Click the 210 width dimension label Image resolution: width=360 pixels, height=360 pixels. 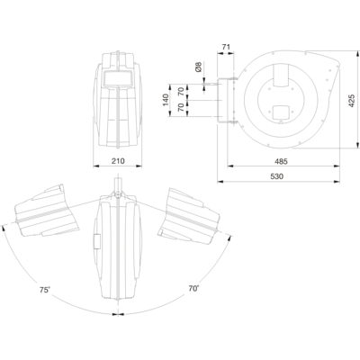(x=118, y=161)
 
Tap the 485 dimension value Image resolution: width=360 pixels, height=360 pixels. (x=281, y=161)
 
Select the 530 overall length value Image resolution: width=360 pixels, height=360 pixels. (x=276, y=176)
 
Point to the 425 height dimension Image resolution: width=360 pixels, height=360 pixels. (x=352, y=101)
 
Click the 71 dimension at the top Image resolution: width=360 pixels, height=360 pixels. (x=226, y=47)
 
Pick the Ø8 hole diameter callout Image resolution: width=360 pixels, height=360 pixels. (x=198, y=67)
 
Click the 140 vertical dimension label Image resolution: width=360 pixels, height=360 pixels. (x=166, y=100)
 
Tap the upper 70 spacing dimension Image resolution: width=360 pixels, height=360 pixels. (x=181, y=90)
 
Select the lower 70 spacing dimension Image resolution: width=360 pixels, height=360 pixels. (x=181, y=107)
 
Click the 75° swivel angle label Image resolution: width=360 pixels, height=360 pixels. (x=45, y=290)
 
